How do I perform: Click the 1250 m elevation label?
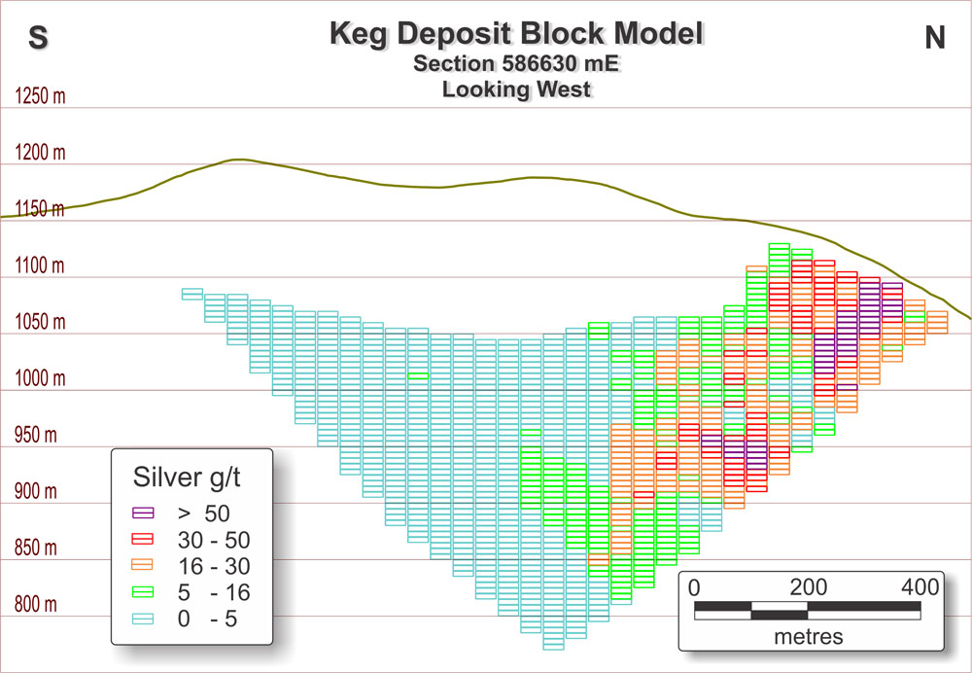coord(40,97)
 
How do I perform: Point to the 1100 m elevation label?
coord(40,266)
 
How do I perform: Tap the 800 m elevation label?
coord(37,604)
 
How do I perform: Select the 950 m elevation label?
coord(37,435)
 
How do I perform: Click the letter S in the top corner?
coord(39,37)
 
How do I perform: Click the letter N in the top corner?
coord(934,37)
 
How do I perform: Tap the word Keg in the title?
coord(364,35)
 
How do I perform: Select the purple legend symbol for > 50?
coord(143,512)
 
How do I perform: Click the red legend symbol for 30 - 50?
coord(143,538)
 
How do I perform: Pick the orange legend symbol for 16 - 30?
coord(143,564)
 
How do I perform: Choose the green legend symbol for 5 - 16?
coord(143,590)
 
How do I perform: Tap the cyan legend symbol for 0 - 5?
coord(143,618)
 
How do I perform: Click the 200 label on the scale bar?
coord(808,587)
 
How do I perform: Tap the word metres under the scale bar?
coord(808,637)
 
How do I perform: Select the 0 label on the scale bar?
coord(694,587)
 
